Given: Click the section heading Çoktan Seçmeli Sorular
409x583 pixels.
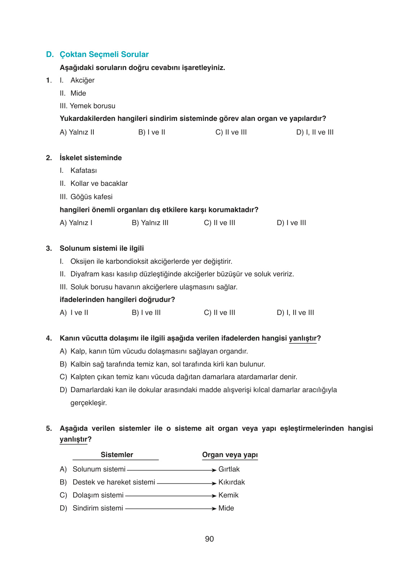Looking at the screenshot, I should click(x=104, y=54).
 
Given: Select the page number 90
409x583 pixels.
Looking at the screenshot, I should click(x=209, y=539).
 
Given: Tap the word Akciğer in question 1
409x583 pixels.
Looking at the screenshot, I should click(x=82, y=80).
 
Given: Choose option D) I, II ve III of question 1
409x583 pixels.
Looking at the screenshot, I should click(x=315, y=132).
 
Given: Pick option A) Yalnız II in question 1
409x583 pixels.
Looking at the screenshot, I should click(x=77, y=132).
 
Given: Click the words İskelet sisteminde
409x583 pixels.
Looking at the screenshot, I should click(x=91, y=158).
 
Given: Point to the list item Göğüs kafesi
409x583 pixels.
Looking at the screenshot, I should click(x=91, y=197).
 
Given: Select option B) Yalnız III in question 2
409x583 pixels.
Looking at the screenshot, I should click(x=150, y=223).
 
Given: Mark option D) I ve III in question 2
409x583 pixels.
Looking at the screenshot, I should click(x=291, y=223).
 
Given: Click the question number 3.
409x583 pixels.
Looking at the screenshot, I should click(x=48, y=249).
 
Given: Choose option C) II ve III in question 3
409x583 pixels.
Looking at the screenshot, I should click(x=219, y=313).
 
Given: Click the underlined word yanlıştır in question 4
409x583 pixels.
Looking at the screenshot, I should click(x=303, y=338).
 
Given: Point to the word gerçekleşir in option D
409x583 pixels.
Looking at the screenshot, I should click(x=88, y=403).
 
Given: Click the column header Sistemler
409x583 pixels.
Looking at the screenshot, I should click(x=116, y=455).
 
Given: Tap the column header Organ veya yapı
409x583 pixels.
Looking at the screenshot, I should click(x=230, y=455).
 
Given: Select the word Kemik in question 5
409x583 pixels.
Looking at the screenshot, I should click(x=228, y=495).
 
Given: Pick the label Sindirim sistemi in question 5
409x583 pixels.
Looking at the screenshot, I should click(x=98, y=508).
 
